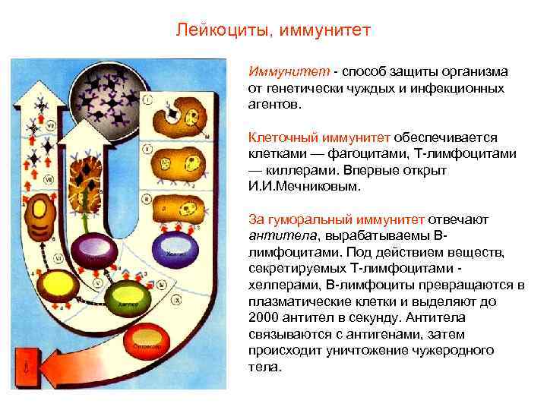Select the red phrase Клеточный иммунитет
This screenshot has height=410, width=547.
[319, 137]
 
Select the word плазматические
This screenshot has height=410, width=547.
[292, 301]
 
